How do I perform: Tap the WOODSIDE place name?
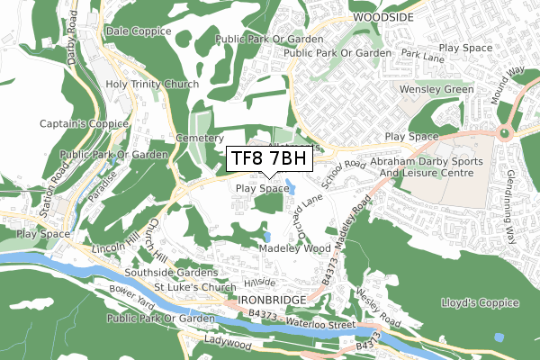pos(384,17)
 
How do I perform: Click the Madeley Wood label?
pos(294,247)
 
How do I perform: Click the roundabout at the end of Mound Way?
pos(504,133)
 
